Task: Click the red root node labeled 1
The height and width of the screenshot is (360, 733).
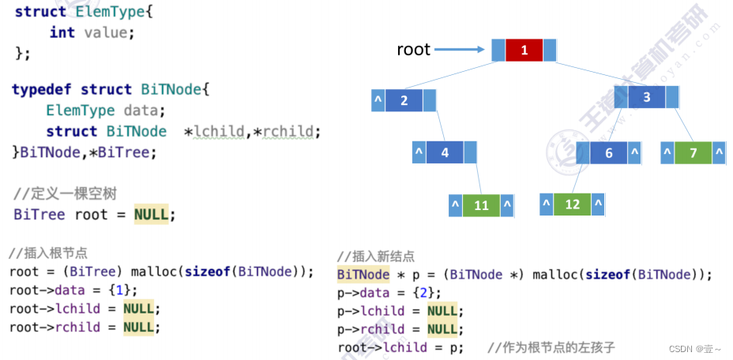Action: point(525,51)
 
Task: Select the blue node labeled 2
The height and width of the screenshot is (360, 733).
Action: point(404,100)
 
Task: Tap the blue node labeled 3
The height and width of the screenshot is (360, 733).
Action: point(647,97)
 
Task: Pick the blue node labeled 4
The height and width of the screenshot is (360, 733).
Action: point(445,152)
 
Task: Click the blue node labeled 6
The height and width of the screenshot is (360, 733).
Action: point(608,153)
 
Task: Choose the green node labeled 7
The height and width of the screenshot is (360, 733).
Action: point(694,153)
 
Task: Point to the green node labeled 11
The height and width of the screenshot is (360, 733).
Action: point(481,205)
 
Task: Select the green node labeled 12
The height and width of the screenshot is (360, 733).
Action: point(573,204)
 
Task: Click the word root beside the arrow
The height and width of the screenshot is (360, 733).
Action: point(413,50)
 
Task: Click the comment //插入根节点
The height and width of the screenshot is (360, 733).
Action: point(48,253)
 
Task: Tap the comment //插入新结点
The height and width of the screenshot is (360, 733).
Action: point(375,257)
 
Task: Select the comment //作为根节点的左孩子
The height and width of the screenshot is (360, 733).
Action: point(551,347)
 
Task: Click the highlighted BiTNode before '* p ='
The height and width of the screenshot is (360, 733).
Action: point(363,275)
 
